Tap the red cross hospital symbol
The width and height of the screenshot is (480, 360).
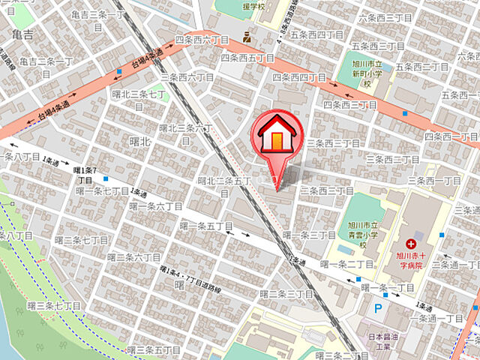click(x=410, y=244)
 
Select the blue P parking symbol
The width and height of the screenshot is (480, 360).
click(x=378, y=307)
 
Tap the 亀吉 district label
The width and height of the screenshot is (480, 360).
click(x=22, y=34)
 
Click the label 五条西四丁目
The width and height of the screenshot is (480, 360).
click(x=316, y=34)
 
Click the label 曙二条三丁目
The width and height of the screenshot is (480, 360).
click(x=287, y=293)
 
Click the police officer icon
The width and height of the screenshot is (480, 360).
click(x=247, y=36)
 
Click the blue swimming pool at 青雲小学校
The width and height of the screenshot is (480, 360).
click(x=344, y=248)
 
